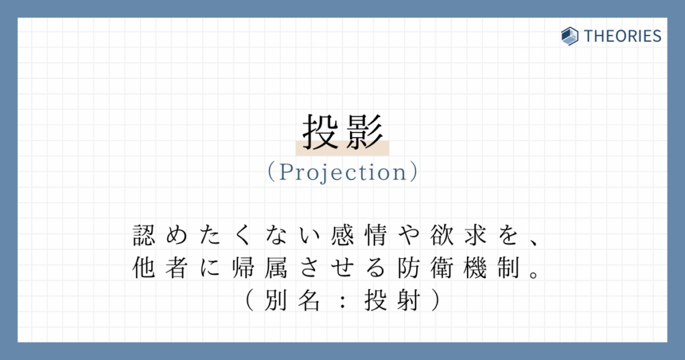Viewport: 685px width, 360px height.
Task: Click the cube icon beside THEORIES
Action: (570, 36)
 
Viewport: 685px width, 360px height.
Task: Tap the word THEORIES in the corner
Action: (623, 36)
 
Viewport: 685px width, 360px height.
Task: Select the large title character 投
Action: (320, 132)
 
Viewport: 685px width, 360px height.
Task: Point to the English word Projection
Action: (343, 172)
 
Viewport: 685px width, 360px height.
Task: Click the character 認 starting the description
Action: (144, 235)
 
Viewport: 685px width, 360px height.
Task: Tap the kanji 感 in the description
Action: (342, 235)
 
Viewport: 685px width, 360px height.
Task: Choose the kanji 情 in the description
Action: (375, 235)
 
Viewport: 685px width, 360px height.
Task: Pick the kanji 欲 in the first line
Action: (442, 235)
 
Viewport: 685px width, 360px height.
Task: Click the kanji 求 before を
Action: (475, 235)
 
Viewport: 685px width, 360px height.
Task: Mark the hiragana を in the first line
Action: (508, 235)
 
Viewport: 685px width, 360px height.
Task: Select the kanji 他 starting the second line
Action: (144, 268)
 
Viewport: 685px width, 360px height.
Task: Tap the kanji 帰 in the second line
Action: (243, 268)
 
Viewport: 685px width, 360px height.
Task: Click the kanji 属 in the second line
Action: (276, 268)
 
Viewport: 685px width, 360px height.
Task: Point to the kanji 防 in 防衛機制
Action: (409, 268)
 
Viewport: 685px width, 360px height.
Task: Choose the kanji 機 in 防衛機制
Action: (475, 268)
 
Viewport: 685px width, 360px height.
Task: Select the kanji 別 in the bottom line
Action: (276, 300)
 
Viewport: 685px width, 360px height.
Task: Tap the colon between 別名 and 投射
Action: (342, 300)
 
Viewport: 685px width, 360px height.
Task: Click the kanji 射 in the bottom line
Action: (409, 300)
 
